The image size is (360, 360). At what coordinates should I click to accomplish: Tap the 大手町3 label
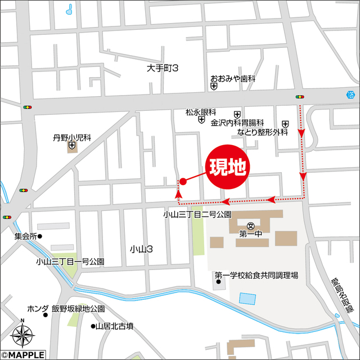163,68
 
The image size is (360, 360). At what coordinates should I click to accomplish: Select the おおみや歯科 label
232,79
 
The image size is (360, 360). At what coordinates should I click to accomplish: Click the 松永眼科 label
201,112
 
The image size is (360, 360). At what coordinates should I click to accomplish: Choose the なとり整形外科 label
262,132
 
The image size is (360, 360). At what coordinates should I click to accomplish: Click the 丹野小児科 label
72,137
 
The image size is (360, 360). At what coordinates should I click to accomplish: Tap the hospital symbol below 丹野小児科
72,147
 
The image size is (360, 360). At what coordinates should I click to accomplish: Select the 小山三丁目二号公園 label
197,214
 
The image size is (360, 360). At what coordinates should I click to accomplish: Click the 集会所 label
25,236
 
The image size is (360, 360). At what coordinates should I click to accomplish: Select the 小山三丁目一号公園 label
70,262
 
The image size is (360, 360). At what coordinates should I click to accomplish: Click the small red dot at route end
182,181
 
